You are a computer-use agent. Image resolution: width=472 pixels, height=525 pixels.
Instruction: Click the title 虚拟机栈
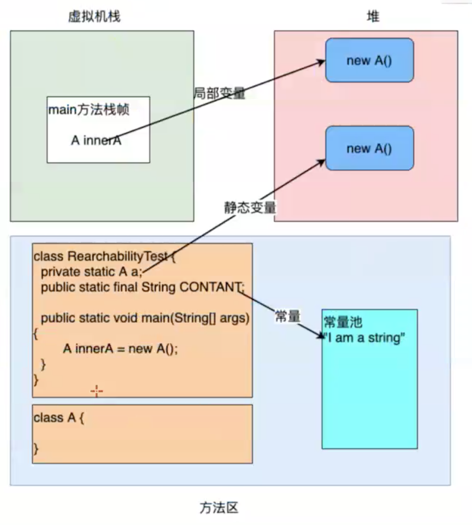[94, 17]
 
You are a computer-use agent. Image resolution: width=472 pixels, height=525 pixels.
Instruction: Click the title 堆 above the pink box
[373, 17]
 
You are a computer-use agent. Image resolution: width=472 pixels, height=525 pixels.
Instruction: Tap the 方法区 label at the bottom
[219, 507]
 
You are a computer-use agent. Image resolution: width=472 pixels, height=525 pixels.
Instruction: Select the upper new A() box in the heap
[369, 61]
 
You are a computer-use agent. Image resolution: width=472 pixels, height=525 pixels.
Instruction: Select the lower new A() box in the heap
[369, 148]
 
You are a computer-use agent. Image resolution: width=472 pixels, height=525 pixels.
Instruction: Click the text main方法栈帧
[89, 110]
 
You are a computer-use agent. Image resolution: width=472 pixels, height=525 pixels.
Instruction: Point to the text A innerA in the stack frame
[96, 140]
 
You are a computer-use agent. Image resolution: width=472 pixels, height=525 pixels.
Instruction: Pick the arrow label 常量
[287, 317]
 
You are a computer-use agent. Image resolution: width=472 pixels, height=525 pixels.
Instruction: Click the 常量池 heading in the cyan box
[343, 322]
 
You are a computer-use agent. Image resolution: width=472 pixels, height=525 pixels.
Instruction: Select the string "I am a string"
[365, 338]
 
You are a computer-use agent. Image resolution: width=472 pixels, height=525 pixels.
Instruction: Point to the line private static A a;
[91, 271]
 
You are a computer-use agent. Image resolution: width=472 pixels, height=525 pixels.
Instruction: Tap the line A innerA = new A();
[120, 349]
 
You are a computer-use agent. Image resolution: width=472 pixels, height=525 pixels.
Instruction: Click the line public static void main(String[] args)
[145, 318]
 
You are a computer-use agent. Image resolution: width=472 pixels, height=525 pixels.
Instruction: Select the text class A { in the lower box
[59, 418]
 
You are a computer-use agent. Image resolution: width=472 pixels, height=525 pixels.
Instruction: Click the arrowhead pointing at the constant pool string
[320, 334]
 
